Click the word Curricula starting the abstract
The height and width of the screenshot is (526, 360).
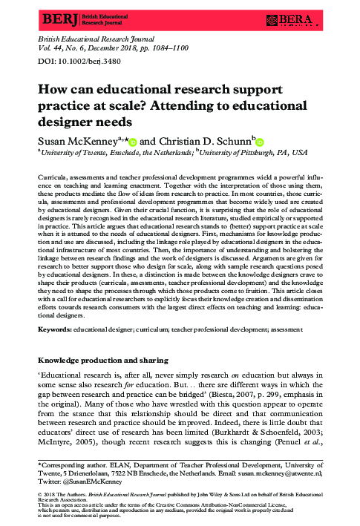coord(53,178)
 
